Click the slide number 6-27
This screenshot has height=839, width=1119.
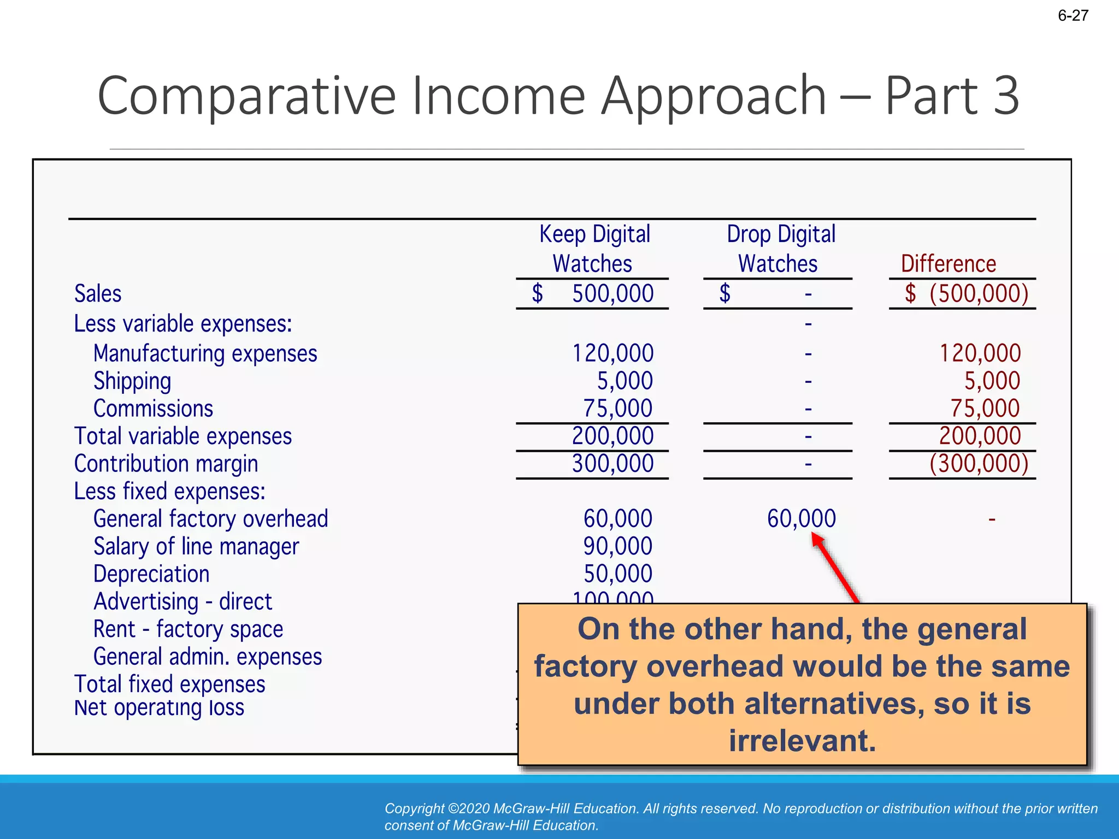(1073, 15)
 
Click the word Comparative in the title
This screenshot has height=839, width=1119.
(246, 96)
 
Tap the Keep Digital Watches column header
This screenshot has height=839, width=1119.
(594, 249)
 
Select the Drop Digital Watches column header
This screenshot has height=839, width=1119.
(780, 249)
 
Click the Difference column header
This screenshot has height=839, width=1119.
(948, 264)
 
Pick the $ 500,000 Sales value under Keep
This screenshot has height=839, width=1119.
(594, 294)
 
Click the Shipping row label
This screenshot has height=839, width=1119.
(132, 381)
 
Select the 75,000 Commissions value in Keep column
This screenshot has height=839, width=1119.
(617, 409)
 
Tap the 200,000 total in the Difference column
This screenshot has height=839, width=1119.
(980, 436)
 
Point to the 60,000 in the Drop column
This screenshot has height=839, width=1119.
(801, 518)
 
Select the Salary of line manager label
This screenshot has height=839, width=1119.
(196, 546)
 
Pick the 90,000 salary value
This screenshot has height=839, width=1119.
(617, 546)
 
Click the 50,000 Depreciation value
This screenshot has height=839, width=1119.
(617, 574)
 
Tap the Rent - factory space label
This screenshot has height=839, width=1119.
(188, 629)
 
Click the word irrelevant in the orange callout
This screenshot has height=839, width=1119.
(802, 741)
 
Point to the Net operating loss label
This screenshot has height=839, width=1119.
(159, 708)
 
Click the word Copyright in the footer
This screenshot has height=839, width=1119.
(414, 808)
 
